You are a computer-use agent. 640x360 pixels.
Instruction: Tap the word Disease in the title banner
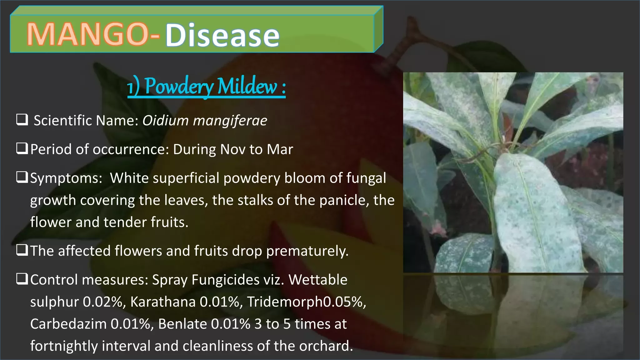click(x=222, y=35)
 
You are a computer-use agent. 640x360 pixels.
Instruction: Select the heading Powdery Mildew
click(x=207, y=87)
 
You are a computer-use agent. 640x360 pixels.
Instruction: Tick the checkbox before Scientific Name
click(x=22, y=120)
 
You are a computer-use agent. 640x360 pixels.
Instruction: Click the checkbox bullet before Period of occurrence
click(x=22, y=148)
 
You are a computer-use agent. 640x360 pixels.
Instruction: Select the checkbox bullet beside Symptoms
click(x=22, y=177)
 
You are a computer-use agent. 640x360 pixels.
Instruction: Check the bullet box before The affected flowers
click(x=22, y=250)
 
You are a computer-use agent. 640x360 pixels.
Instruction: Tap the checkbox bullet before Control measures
click(x=22, y=279)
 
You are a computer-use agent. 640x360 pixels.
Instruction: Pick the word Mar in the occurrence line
click(x=280, y=149)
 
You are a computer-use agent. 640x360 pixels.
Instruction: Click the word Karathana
click(x=163, y=302)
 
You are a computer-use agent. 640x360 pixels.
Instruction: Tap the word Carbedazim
click(x=68, y=324)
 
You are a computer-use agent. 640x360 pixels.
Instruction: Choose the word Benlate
click(x=182, y=324)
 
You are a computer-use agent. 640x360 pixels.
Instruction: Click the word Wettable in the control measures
click(x=318, y=280)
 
